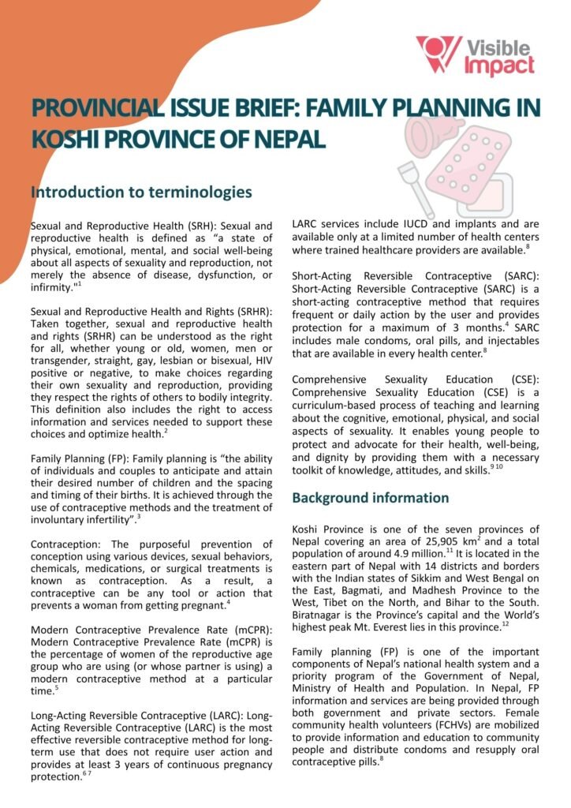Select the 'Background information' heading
pyautogui.click(x=371, y=498)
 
